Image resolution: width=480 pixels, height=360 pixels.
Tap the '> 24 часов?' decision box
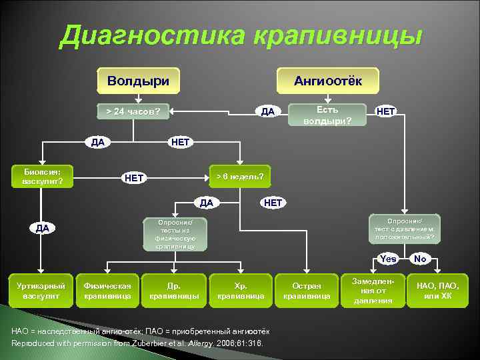pyautogui.click(x=133, y=111)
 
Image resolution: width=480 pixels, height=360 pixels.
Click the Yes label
pyautogui.click(x=388, y=259)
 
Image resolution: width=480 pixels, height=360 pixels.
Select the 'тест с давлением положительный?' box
pyautogui.click(x=404, y=229)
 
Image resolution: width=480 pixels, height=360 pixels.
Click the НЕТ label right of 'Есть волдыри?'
pyautogui.click(x=386, y=111)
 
